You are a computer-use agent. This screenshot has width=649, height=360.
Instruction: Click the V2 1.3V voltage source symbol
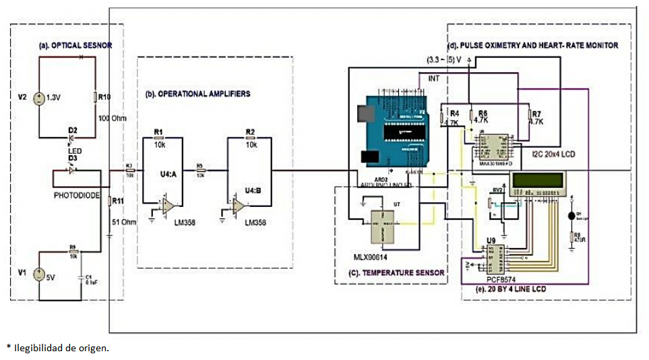tap(39, 99)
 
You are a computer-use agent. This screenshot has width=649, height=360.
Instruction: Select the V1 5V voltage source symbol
tap(39, 275)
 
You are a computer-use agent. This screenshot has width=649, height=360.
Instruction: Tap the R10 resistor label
tap(104, 97)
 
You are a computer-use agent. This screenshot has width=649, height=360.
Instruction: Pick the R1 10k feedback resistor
tap(159, 136)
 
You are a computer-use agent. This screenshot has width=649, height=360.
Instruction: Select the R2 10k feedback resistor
tap(250, 136)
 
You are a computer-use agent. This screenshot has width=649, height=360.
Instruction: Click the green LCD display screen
tap(538, 183)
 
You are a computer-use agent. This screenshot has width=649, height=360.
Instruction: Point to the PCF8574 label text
tap(500, 277)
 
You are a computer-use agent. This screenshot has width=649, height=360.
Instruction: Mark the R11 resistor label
tap(118, 201)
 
